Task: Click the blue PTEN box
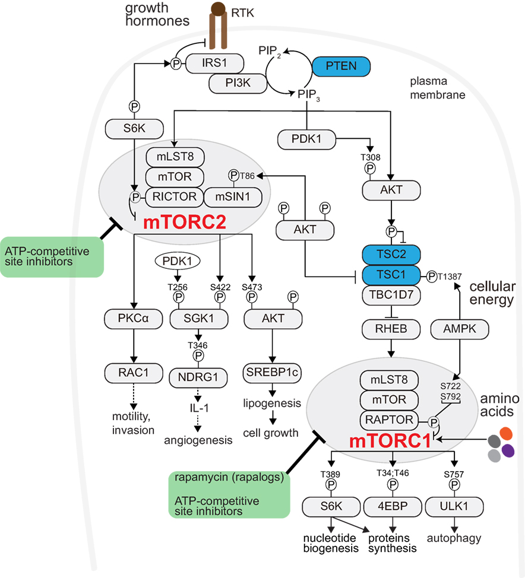[x=341, y=66]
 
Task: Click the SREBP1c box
[x=272, y=372]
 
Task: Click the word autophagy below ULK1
[x=454, y=538]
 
